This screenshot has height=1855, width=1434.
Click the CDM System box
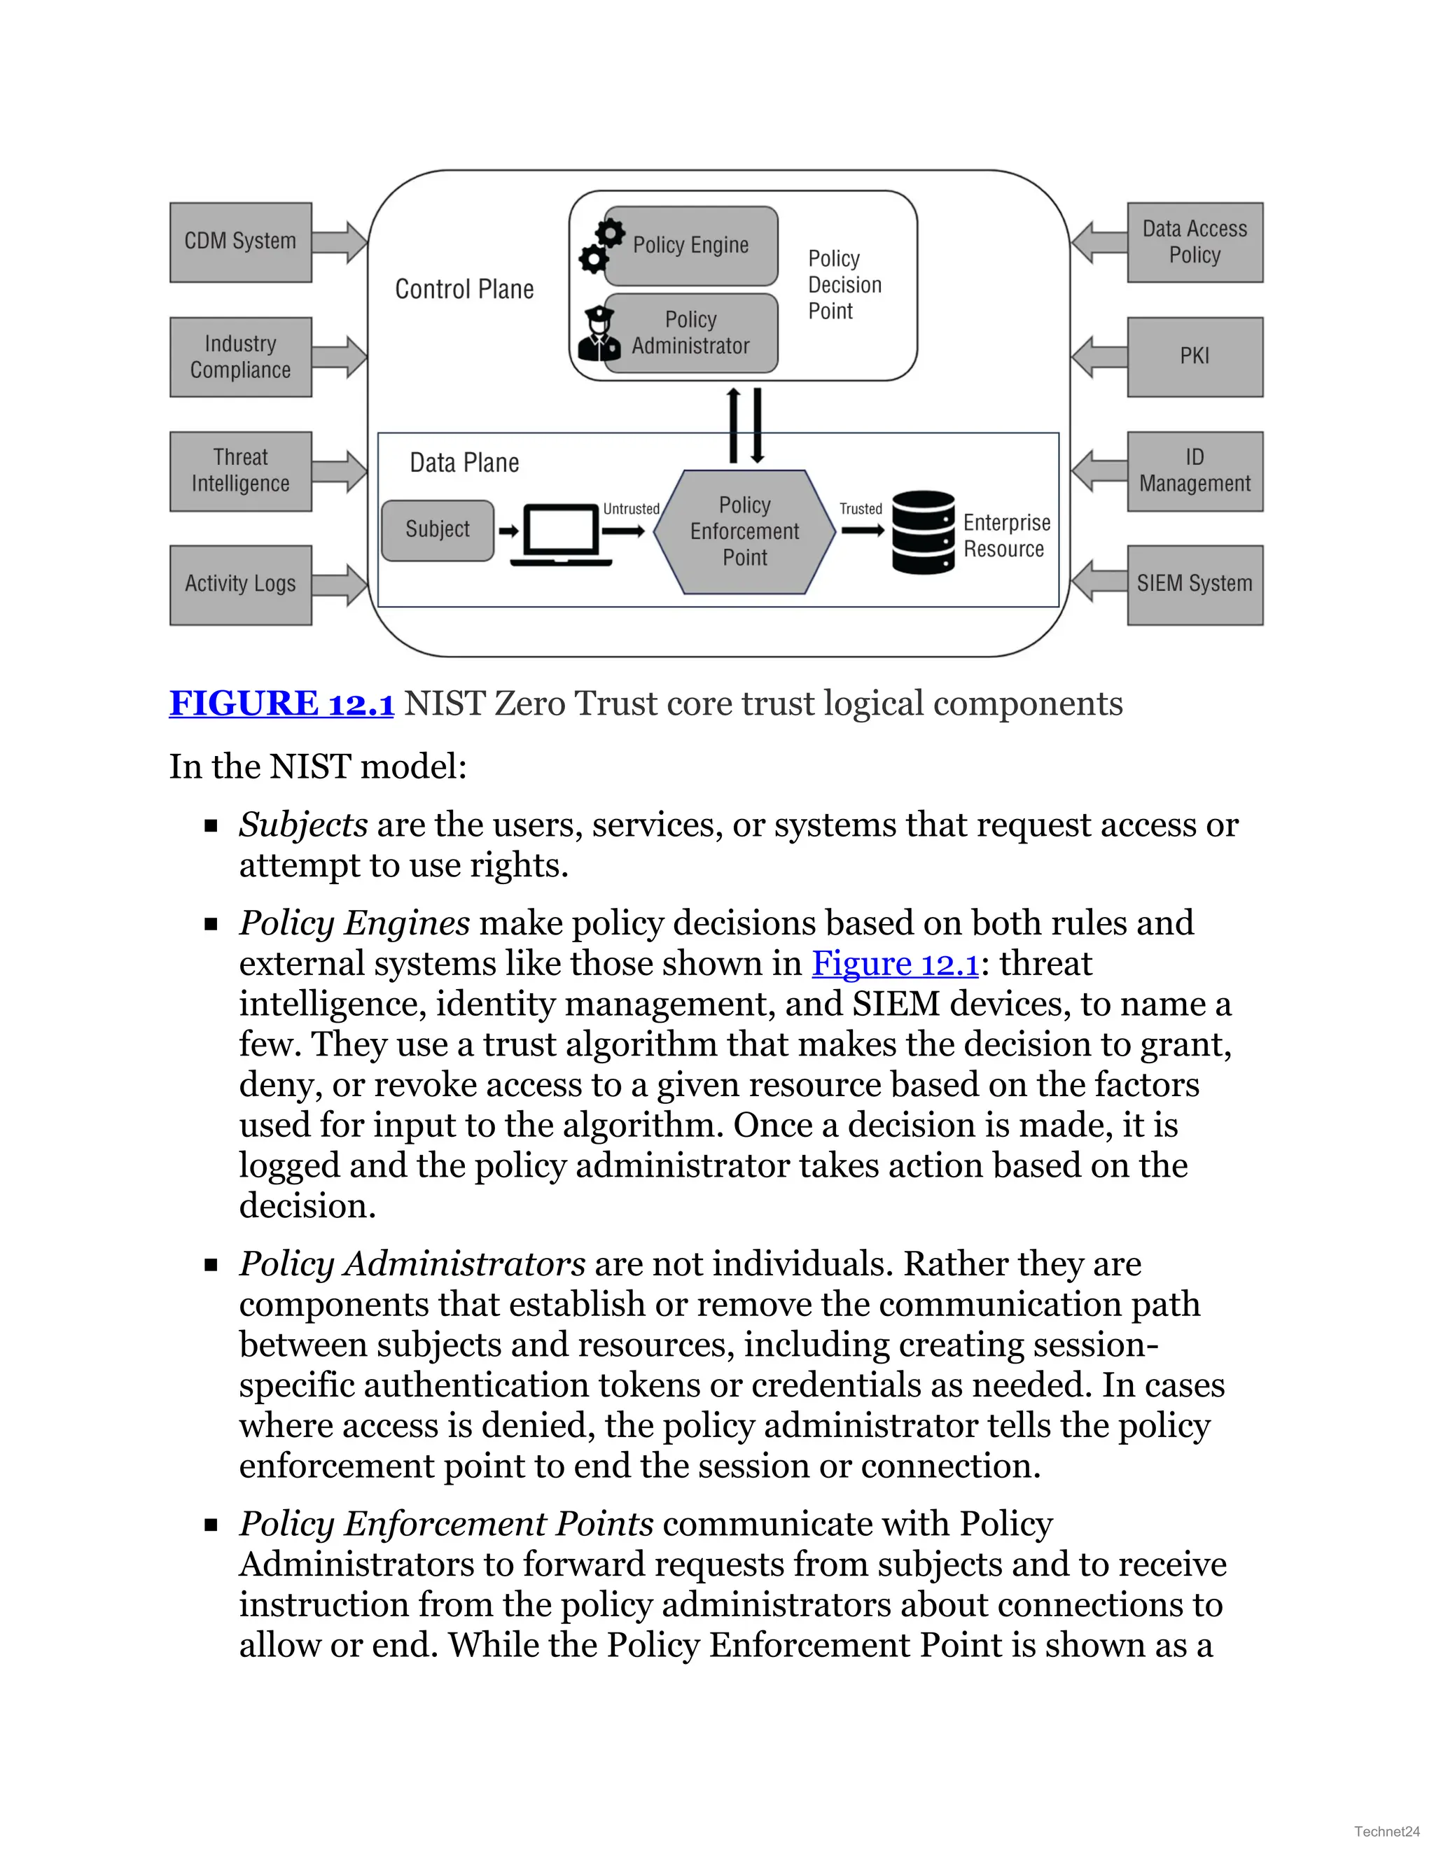pyautogui.click(x=240, y=242)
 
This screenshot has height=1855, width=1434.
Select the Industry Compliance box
pyautogui.click(x=240, y=357)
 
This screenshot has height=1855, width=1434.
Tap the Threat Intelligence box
pyautogui.click(x=240, y=471)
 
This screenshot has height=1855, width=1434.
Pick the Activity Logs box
pyautogui.click(x=240, y=584)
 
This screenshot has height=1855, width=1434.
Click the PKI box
pyautogui.click(x=1195, y=357)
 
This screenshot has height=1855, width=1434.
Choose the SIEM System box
pyautogui.click(x=1195, y=584)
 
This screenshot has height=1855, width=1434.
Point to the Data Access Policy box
pyautogui.click(x=1195, y=242)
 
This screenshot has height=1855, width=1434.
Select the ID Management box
pyautogui.click(x=1195, y=471)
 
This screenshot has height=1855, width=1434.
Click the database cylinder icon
pyautogui.click(x=924, y=533)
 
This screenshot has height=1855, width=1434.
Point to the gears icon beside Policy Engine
pyautogui.click(x=601, y=246)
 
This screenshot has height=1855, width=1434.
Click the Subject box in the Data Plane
pyautogui.click(x=438, y=530)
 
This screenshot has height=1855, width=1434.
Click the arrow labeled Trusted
pyautogui.click(x=862, y=531)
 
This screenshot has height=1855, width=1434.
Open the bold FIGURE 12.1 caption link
pyautogui.click(x=281, y=703)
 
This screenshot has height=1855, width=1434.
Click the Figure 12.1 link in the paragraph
pyautogui.click(x=896, y=963)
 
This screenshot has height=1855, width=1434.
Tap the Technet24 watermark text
pyautogui.click(x=1386, y=1831)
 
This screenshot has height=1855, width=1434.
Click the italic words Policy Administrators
pyautogui.click(x=412, y=1263)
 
